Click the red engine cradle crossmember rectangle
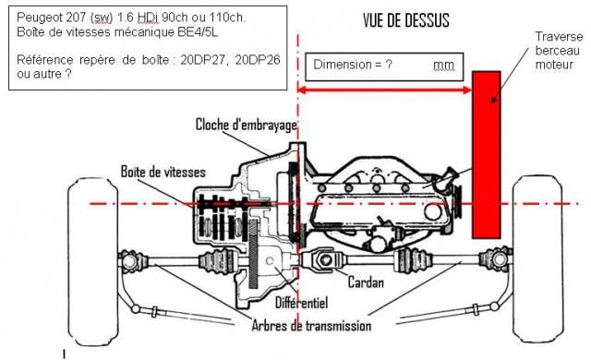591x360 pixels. (486, 151)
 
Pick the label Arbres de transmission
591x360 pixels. (309, 325)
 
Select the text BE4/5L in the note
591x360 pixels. (199, 32)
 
